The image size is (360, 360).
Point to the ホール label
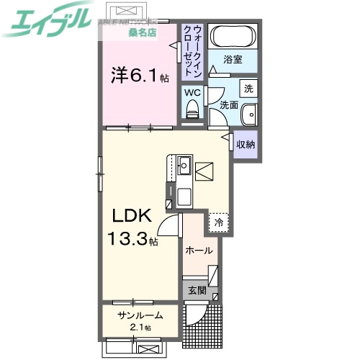click(x=199, y=251)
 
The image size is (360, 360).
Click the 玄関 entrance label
click(x=197, y=291)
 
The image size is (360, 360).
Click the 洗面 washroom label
click(x=229, y=105)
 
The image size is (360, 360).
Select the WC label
click(x=192, y=92)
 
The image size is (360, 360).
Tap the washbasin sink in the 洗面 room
click(x=248, y=115)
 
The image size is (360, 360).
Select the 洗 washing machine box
click(x=248, y=89)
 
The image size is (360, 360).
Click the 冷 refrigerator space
click(x=218, y=222)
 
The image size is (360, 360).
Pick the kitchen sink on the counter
click(x=184, y=166)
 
